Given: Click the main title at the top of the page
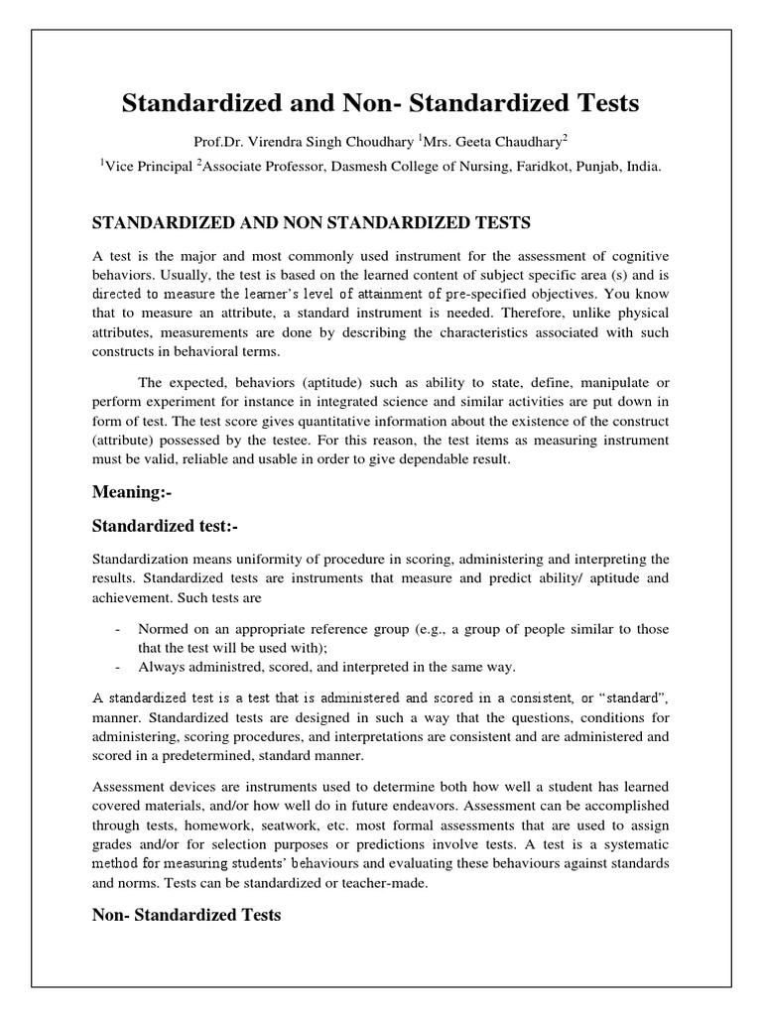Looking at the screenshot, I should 380,103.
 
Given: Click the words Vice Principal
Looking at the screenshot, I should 149,168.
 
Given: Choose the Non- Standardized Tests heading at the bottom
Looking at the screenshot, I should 187,915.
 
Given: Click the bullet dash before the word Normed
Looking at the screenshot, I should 119,629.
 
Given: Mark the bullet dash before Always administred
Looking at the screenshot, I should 119,666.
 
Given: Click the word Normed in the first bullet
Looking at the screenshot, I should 163,629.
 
